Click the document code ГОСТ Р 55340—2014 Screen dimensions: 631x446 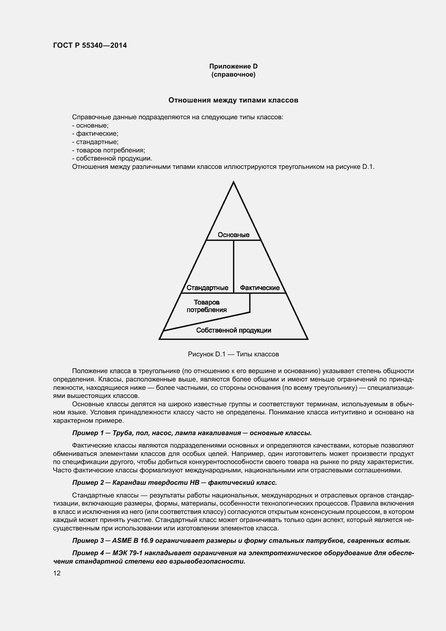(x=90, y=45)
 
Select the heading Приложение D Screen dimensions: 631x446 (x=233, y=66)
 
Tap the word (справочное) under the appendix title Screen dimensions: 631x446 (x=233, y=75)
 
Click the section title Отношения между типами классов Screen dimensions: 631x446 (x=233, y=100)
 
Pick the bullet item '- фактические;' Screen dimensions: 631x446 (x=95, y=134)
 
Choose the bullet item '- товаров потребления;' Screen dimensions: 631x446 (x=108, y=150)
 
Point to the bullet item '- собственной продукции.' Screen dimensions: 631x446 (x=112, y=159)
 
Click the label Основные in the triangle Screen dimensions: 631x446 (x=234, y=235)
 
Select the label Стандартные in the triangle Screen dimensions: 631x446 (x=207, y=288)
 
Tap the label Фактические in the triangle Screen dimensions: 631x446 (x=259, y=288)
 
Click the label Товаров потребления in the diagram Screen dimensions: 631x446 (x=207, y=306)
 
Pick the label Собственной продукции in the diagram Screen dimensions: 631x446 (x=234, y=330)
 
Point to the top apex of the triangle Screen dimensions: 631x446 (x=234, y=182)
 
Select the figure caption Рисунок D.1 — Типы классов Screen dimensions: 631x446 (x=233, y=354)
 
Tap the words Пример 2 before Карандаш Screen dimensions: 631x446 (x=88, y=483)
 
